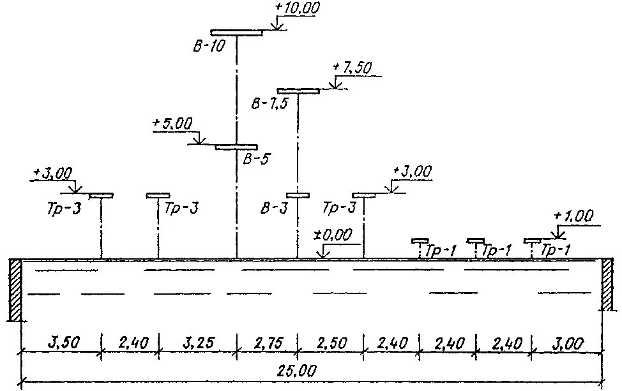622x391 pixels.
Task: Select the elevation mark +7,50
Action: click(349, 68)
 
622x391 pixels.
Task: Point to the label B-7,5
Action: click(268, 104)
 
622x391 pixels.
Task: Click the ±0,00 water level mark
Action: click(332, 235)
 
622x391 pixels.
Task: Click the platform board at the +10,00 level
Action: click(236, 32)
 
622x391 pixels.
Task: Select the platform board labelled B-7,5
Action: click(298, 91)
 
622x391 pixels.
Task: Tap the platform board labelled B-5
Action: click(236, 147)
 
